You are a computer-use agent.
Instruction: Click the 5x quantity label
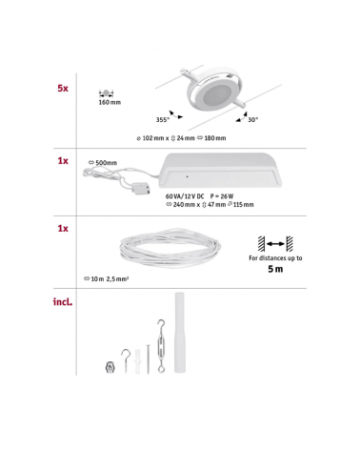[62, 87]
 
